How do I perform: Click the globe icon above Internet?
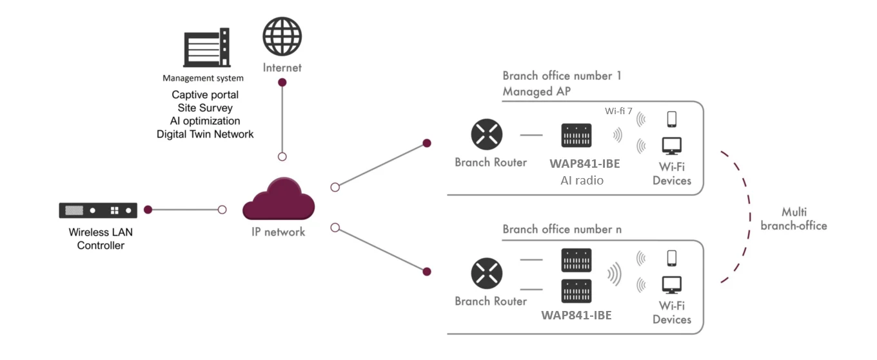coord(282,35)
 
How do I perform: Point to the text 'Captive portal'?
coord(204,95)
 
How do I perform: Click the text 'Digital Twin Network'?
coord(204,134)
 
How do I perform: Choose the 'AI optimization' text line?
coord(204,121)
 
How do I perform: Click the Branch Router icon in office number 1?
coord(487,135)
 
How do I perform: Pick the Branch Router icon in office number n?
coord(487,273)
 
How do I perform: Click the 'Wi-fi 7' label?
coord(618,111)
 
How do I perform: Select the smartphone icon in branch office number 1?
coord(671,119)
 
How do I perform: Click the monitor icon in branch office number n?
coord(671,285)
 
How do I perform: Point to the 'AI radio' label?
coord(582,181)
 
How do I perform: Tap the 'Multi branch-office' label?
coord(793,219)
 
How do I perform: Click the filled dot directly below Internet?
coord(282,83)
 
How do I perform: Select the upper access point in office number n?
coord(576,260)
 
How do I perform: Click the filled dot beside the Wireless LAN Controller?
coord(148,210)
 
